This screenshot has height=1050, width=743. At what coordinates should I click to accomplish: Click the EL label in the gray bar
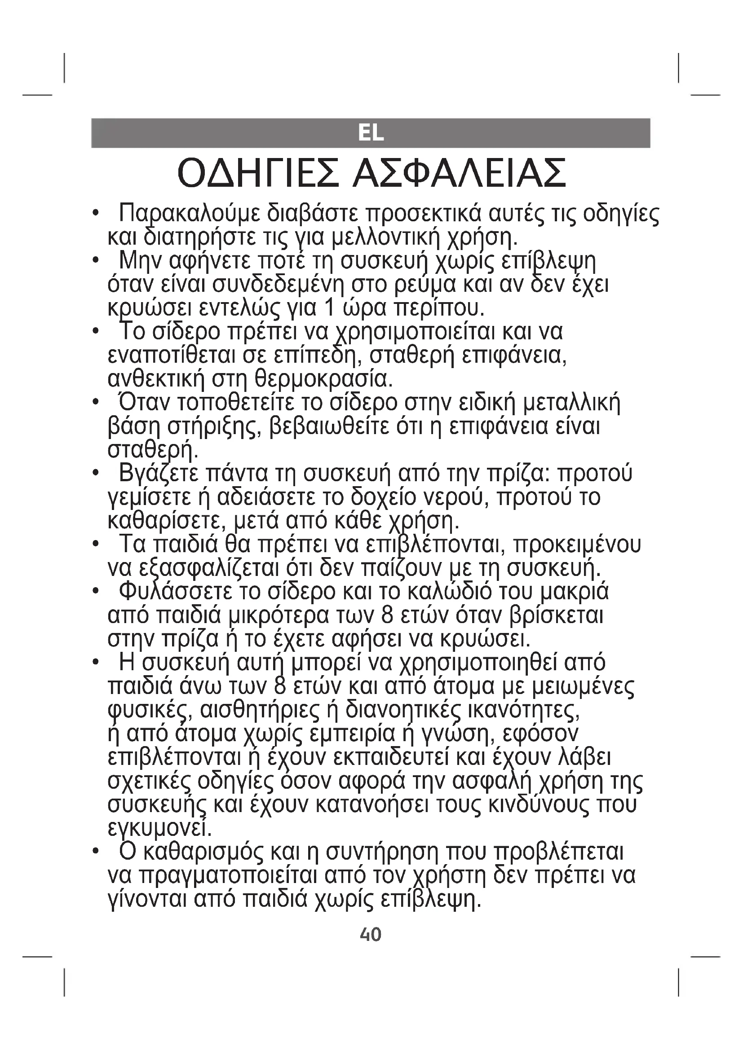coord(371,133)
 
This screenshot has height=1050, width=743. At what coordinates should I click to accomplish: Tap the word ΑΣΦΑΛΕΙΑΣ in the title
coord(460,174)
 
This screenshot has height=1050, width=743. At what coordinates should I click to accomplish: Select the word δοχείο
coord(382,497)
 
